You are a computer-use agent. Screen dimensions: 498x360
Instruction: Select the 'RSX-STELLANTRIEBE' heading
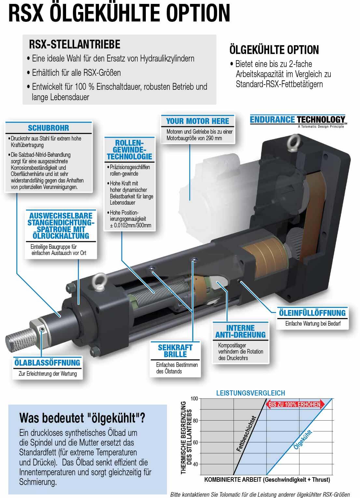click(75, 44)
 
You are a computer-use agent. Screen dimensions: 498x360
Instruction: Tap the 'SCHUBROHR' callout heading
click(48, 128)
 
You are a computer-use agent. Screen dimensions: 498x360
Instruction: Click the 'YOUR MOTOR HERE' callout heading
click(197, 121)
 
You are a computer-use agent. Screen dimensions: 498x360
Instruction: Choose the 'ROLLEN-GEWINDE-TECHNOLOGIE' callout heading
click(129, 150)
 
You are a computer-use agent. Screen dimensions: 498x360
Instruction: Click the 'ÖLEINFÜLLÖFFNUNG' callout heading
click(312, 313)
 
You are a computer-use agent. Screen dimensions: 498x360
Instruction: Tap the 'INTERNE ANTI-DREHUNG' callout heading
click(240, 331)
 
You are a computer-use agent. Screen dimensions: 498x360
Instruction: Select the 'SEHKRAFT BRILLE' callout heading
click(175, 351)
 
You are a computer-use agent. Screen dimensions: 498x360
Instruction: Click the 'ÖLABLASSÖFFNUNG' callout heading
click(47, 362)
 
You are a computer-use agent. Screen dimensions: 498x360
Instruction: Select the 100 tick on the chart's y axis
click(195, 398)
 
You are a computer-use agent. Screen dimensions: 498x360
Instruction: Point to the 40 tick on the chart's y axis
click(195, 464)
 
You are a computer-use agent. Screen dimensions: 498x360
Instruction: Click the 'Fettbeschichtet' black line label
click(246, 434)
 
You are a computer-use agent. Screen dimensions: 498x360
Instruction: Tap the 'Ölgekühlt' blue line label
click(303, 440)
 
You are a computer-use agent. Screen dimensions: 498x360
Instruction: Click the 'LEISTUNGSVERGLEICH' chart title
click(250, 393)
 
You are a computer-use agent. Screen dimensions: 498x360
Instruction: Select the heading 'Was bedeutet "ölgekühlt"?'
click(82, 418)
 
